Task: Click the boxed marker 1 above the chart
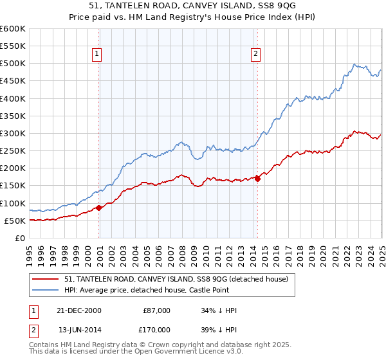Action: (96, 54)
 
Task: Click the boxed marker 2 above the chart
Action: (256, 54)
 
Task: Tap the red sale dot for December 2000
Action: (99, 208)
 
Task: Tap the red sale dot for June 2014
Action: (257, 179)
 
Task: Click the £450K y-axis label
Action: (13, 81)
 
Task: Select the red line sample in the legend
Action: (45, 278)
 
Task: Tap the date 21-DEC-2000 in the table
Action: (80, 310)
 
